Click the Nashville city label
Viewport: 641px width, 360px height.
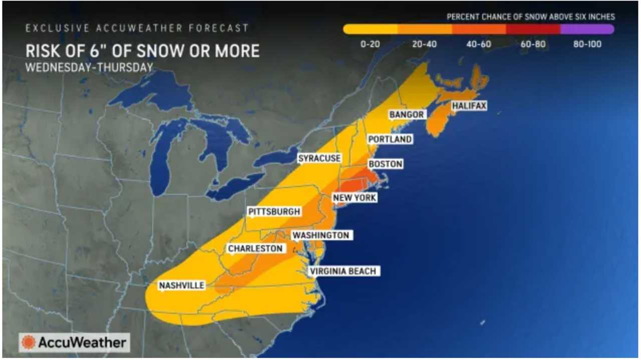182,285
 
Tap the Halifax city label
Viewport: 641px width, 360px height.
469,106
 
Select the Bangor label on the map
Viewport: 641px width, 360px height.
407,115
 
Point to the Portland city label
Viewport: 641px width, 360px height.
390,139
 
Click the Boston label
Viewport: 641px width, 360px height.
385,164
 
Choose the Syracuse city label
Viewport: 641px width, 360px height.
319,158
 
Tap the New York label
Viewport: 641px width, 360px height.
355,198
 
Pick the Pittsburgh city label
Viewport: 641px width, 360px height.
274,212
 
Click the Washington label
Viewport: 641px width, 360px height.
320,235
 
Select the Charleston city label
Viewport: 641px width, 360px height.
255,248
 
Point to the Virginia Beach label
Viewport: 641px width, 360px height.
342,271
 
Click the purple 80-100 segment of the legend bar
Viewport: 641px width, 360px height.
587,30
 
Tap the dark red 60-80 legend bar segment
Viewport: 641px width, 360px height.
533,30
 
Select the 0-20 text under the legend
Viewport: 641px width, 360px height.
370,45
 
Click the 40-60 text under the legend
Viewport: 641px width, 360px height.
478,45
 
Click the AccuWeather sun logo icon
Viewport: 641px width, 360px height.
29,342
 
